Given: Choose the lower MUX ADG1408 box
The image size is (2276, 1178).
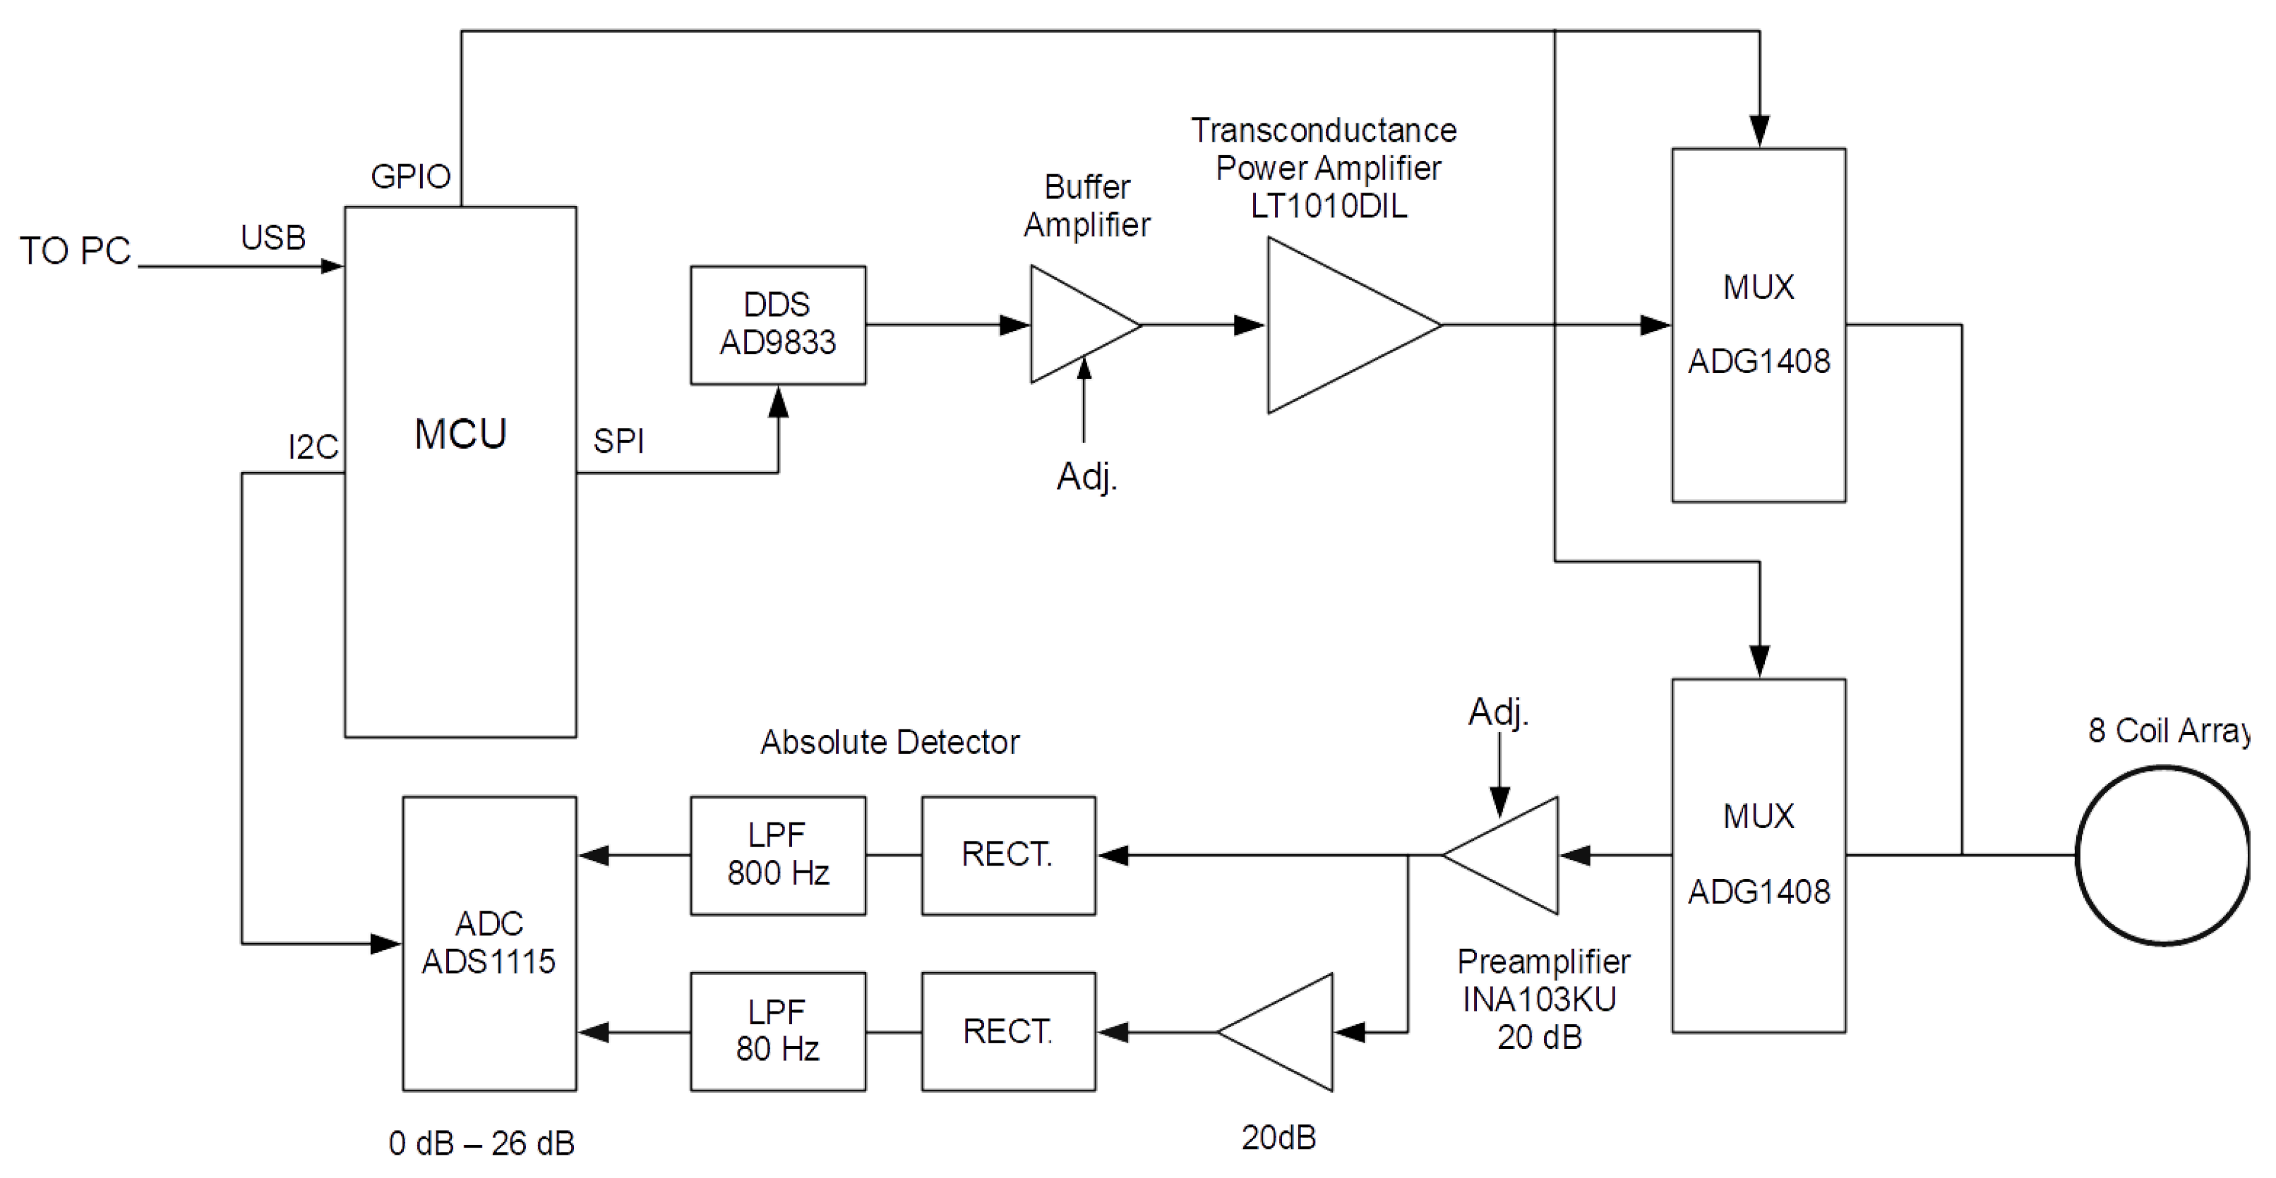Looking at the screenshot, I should click(x=1759, y=855).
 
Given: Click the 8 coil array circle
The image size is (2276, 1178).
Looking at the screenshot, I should click(x=2163, y=855).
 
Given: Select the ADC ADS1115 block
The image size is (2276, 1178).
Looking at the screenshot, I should click(x=489, y=943).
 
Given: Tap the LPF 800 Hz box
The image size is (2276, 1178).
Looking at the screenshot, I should click(x=777, y=855).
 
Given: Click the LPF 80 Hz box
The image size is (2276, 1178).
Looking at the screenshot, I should click(x=777, y=1031).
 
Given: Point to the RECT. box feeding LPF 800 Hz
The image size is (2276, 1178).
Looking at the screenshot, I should click(x=1008, y=855).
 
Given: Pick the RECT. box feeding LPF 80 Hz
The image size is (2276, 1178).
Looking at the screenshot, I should click(x=1008, y=1031).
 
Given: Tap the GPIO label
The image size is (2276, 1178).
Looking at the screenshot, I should click(x=411, y=176).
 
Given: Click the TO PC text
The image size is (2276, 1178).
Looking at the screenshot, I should click(x=75, y=251).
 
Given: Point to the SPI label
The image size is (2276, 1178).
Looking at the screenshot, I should click(x=618, y=441).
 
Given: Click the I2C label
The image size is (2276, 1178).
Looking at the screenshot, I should click(x=313, y=447).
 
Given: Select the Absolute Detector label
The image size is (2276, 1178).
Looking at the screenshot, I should click(x=890, y=742).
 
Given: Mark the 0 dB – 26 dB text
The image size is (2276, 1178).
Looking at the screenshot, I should click(x=481, y=1143).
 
